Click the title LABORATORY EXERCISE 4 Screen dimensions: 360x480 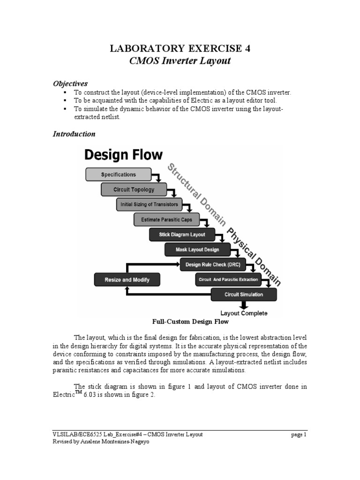(180, 49)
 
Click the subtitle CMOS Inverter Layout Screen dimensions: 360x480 (180, 61)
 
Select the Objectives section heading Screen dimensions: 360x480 (70, 83)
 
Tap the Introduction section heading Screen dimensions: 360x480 (74, 134)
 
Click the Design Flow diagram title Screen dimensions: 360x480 (123, 155)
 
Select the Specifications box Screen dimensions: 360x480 (118, 174)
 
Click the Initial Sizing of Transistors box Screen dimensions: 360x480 (149, 205)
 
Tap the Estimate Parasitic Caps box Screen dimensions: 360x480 (166, 220)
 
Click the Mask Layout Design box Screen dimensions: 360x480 (198, 250)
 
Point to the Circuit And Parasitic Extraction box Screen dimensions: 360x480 (228, 280)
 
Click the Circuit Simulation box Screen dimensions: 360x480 (243, 295)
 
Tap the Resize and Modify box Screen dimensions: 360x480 (127, 280)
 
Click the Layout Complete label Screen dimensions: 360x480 (244, 313)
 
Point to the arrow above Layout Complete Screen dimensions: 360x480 (244, 305)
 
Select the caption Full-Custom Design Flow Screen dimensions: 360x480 (190, 322)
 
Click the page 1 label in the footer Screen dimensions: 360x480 (298, 435)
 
